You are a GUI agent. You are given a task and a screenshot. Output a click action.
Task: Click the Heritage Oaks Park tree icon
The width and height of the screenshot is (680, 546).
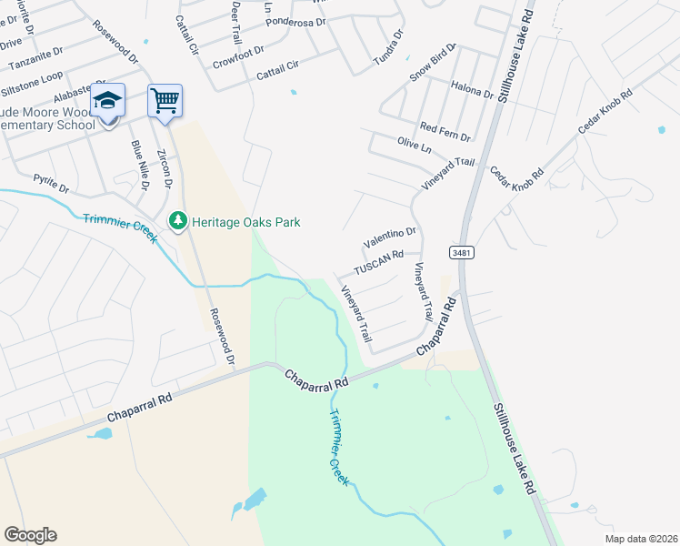pyautogui.click(x=178, y=221)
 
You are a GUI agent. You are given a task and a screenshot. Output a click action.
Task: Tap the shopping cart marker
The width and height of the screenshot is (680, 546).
pyautogui.click(x=165, y=100)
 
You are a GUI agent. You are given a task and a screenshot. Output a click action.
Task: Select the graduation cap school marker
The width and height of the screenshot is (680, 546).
pyautogui.click(x=108, y=101)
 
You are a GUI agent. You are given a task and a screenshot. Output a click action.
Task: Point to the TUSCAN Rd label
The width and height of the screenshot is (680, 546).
pyautogui.click(x=378, y=262)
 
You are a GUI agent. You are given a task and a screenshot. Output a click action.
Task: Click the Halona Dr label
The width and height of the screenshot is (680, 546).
pyautogui.click(x=471, y=88)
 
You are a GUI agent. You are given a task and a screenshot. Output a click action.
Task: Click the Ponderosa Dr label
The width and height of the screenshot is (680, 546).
pyautogui.click(x=296, y=19)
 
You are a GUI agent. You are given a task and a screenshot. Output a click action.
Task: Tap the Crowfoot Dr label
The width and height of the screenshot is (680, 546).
pyautogui.click(x=238, y=57)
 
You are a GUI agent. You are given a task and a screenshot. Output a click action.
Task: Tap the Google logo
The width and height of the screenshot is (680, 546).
pyautogui.click(x=30, y=534)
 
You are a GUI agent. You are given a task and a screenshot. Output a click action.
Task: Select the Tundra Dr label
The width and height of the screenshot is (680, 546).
pyautogui.click(x=388, y=51)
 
